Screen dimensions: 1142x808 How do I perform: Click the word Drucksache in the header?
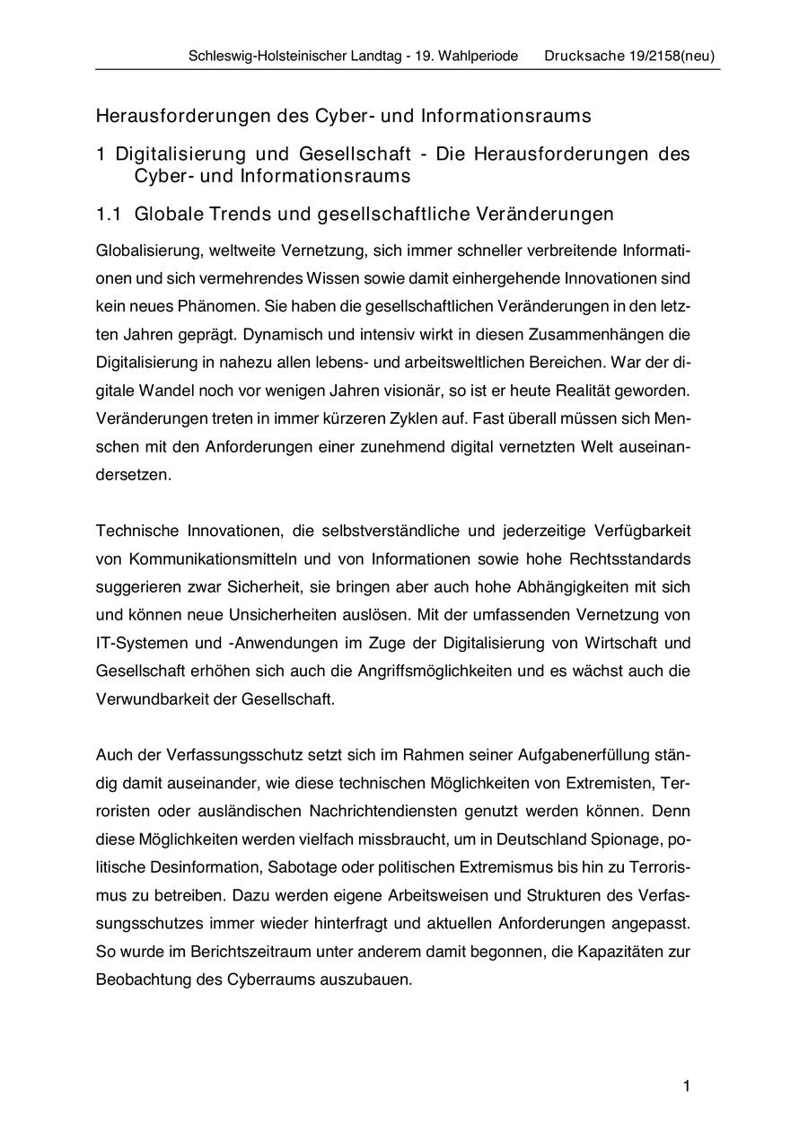(x=581, y=56)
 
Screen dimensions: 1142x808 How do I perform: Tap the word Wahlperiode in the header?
(x=479, y=56)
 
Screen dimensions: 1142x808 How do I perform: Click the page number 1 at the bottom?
(x=687, y=1087)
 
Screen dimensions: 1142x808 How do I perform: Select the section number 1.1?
(x=109, y=215)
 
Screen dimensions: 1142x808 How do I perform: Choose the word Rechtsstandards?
(x=630, y=559)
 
